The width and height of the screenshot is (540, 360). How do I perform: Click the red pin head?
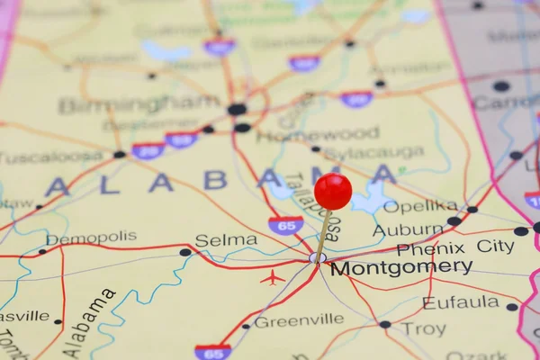pos(333,191)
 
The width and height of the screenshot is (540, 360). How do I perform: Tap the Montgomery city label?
pos(400,267)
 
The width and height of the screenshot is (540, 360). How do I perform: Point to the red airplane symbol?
pos(272,277)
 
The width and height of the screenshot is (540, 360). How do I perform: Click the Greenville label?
pos(299,320)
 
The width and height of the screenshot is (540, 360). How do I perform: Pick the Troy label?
pos(423,329)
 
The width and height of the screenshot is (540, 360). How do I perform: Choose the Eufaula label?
pos(461,302)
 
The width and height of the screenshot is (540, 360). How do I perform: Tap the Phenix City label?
pos(455,247)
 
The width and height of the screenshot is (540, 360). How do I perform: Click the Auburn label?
pos(408,229)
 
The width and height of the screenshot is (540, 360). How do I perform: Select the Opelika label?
pos(420,206)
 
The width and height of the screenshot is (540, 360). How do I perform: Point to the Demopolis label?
pos(92,238)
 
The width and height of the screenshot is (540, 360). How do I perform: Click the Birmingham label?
pos(139,105)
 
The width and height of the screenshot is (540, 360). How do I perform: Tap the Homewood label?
pos(318,135)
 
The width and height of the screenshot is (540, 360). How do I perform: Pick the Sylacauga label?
pos(373,153)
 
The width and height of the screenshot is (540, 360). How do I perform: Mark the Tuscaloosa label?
pos(51,157)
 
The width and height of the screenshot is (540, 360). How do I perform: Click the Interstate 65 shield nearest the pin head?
pos(285,225)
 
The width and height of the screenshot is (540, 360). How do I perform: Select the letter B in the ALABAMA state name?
pos(215,181)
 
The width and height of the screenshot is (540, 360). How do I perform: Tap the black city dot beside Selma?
pos(185,252)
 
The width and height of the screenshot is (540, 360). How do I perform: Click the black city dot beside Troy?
pos(385,324)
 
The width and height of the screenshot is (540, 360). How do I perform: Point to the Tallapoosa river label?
pos(312,206)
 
